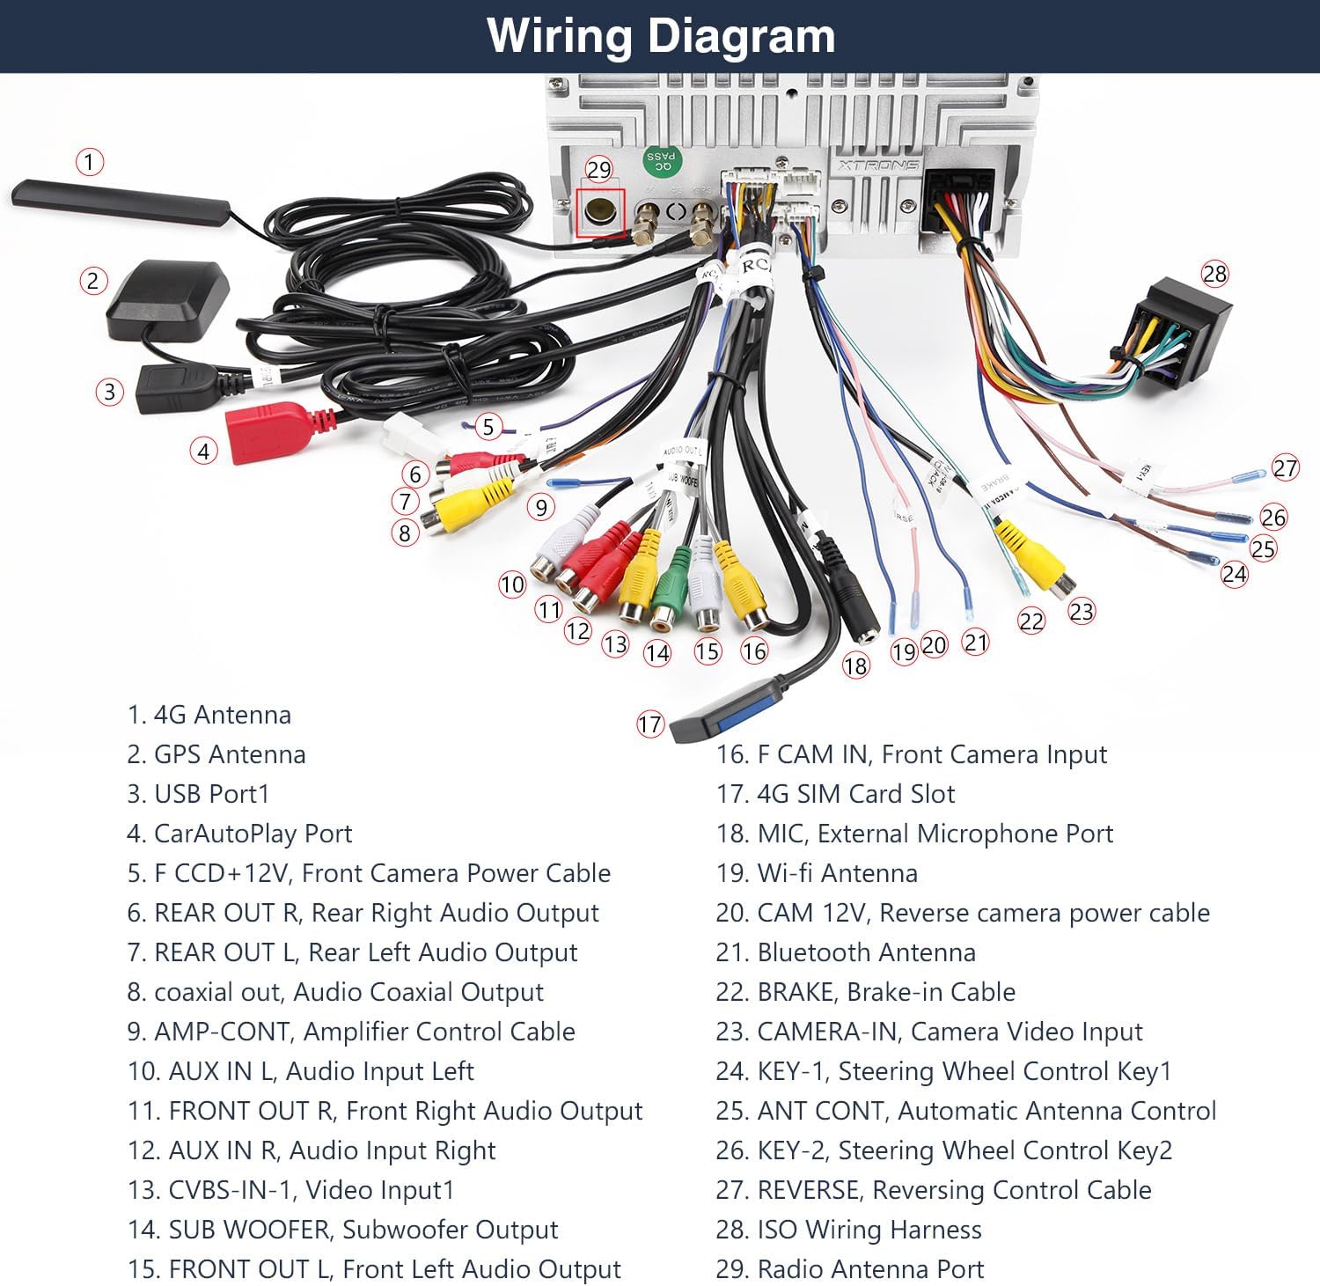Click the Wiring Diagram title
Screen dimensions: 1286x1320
click(x=660, y=36)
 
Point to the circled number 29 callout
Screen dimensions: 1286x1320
click(x=598, y=169)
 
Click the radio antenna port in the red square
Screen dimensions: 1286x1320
click(x=600, y=212)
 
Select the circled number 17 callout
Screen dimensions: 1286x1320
click(x=649, y=724)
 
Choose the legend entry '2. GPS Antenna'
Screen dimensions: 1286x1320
click(x=216, y=754)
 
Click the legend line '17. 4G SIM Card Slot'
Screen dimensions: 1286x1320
click(x=835, y=794)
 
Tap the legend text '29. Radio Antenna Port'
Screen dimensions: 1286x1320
click(x=849, y=1269)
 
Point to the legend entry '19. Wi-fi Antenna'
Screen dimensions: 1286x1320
click(x=817, y=873)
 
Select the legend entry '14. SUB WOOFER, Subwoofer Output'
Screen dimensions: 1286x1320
click(x=342, y=1230)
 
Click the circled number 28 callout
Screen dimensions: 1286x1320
click(x=1214, y=274)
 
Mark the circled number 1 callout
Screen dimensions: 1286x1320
click(x=89, y=162)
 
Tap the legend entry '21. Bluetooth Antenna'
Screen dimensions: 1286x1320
click(x=846, y=952)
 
